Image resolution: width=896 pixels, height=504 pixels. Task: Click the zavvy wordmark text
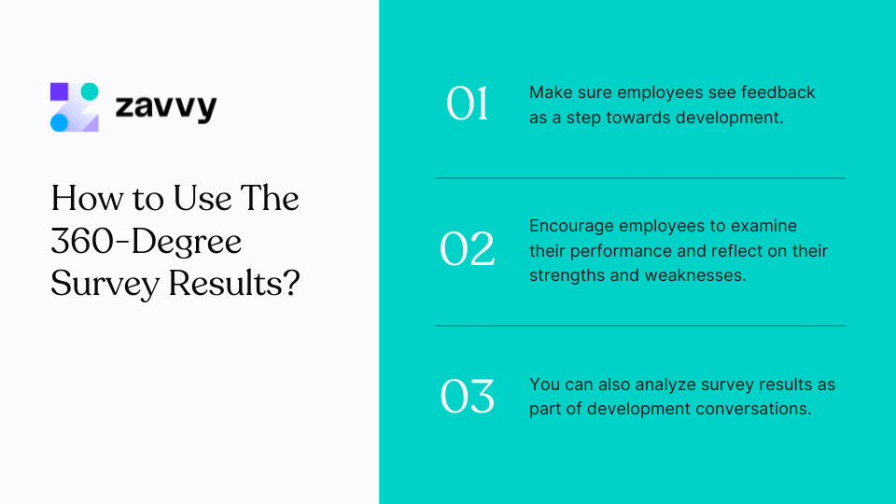click(x=165, y=107)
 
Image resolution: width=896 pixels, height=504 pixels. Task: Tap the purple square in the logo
click(x=59, y=91)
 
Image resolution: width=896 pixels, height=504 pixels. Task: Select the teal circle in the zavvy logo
click(x=90, y=91)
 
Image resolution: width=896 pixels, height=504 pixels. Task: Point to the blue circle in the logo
click(x=59, y=122)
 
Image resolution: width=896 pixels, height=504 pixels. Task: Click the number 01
click(x=468, y=105)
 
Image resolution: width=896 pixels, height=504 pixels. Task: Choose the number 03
click(x=468, y=397)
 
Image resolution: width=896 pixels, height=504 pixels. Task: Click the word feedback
click(x=779, y=92)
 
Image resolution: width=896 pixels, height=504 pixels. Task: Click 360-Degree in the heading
click(x=147, y=241)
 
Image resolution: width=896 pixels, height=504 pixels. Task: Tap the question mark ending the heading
click(x=291, y=283)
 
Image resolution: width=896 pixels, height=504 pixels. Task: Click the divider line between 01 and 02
click(x=640, y=177)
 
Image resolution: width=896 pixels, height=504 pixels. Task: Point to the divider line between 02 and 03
click(x=640, y=326)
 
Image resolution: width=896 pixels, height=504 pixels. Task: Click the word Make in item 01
click(x=550, y=92)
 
